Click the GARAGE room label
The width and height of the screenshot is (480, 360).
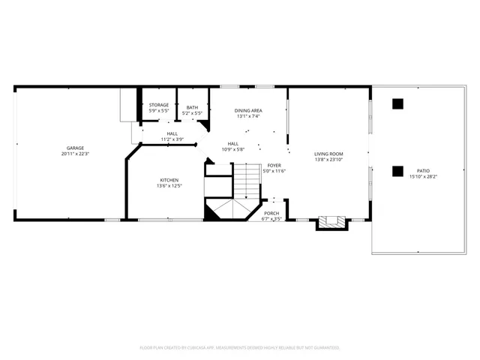pyautogui.click(x=74, y=148)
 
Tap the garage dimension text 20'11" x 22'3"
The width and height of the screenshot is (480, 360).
pyautogui.click(x=75, y=154)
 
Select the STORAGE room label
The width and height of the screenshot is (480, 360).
pyautogui.click(x=159, y=105)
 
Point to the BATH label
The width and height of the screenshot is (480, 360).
pyautogui.click(x=192, y=107)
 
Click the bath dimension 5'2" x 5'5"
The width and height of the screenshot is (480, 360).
pyautogui.click(x=192, y=113)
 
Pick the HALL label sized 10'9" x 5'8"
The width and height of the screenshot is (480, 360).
pyautogui.click(x=233, y=143)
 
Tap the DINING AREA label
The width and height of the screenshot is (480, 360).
pyautogui.click(x=248, y=110)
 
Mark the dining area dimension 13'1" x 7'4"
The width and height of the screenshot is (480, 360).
pyautogui.click(x=248, y=116)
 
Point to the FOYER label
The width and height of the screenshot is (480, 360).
pyautogui.click(x=274, y=165)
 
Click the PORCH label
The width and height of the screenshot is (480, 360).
pyautogui.click(x=271, y=214)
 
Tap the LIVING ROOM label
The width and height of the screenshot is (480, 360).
pyautogui.click(x=328, y=153)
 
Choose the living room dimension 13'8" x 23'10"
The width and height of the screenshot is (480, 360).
pyautogui.click(x=328, y=159)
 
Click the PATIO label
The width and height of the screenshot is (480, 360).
pyautogui.click(x=424, y=171)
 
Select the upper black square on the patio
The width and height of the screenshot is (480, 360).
pyautogui.click(x=398, y=103)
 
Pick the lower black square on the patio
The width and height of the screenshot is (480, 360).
pyautogui.click(x=398, y=170)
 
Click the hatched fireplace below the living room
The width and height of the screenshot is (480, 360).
pyautogui.click(x=331, y=222)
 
